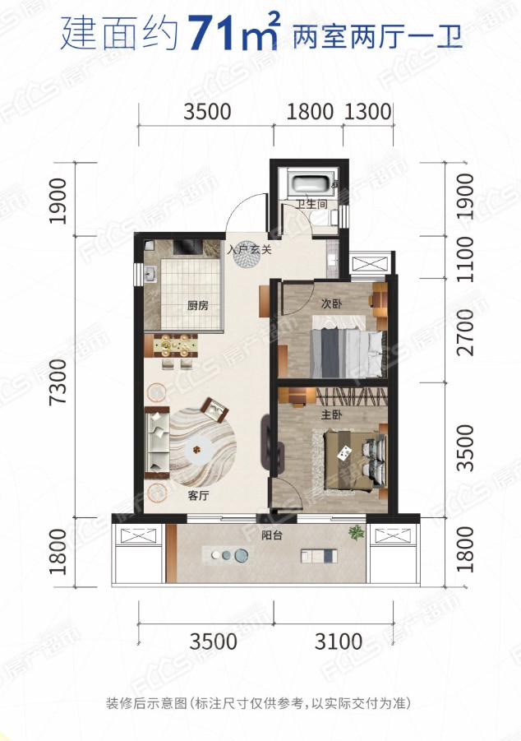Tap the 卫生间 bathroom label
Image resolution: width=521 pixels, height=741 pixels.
click(x=311, y=205)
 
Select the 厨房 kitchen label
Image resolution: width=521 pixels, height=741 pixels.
click(x=197, y=305)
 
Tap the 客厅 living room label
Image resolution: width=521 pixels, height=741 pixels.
click(x=198, y=496)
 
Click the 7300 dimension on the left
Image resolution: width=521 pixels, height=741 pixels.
click(x=60, y=381)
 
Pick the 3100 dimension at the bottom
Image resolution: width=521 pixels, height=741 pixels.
click(x=339, y=641)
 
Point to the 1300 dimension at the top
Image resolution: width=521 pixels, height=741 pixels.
click(x=368, y=112)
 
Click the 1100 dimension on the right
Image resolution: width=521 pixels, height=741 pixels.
click(x=465, y=259)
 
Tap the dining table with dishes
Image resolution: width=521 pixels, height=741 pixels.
click(x=172, y=346)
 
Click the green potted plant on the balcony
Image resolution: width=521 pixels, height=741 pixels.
click(x=357, y=533)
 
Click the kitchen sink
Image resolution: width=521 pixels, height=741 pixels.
click(x=152, y=274)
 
